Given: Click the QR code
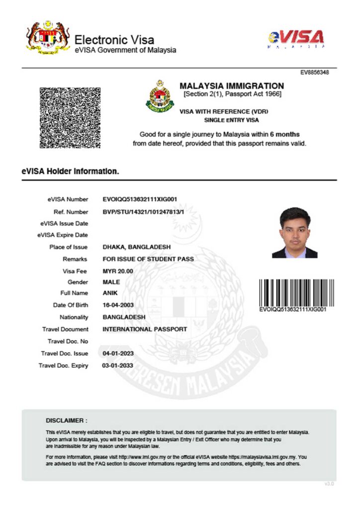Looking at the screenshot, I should click(x=70, y=117).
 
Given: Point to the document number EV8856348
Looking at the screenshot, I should click(x=315, y=72).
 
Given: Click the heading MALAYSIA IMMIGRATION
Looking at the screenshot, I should click(x=232, y=86).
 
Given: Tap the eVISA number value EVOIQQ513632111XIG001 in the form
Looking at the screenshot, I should click(x=140, y=199).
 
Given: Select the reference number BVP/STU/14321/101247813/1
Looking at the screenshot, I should click(x=143, y=211).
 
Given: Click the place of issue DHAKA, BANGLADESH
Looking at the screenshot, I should click(x=136, y=247).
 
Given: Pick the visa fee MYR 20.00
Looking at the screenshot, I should click(x=118, y=271).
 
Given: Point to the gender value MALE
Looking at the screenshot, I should click(x=111, y=282).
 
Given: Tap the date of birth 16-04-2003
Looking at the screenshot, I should click(x=118, y=305).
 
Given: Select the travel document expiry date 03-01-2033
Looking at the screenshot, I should click(x=118, y=365).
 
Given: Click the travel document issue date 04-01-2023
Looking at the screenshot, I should click(x=118, y=353).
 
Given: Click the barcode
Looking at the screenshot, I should click(x=292, y=292).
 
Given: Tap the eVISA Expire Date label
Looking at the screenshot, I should click(x=63, y=235).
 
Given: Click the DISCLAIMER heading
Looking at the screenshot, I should click(x=66, y=421).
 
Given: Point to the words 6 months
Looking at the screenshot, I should click(x=284, y=134).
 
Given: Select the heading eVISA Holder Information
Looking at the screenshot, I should click(x=70, y=171).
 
